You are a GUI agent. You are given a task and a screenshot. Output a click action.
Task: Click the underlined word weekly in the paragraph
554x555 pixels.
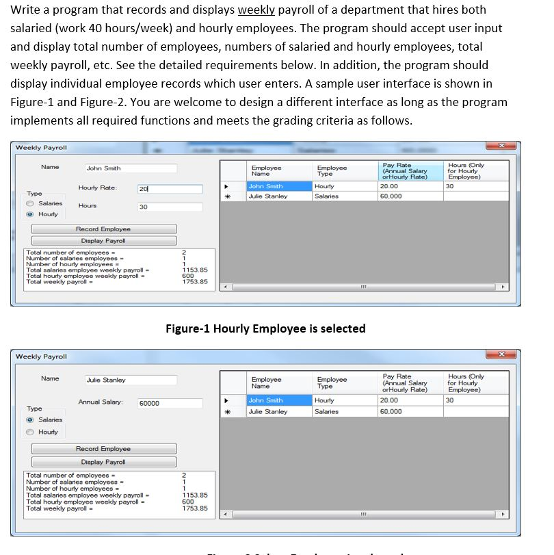[256, 10]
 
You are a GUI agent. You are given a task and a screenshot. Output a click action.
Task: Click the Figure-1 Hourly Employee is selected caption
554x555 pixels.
[265, 328]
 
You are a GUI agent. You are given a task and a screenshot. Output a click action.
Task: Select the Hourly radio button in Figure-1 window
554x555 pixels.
[30, 214]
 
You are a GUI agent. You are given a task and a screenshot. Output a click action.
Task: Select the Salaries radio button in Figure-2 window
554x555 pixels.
[30, 420]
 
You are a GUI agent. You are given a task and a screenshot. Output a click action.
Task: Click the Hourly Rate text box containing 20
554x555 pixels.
[169, 189]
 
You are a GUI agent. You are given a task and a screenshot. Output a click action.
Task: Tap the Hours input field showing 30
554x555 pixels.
[169, 207]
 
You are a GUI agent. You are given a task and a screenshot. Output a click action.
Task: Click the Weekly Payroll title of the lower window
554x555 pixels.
[41, 357]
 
